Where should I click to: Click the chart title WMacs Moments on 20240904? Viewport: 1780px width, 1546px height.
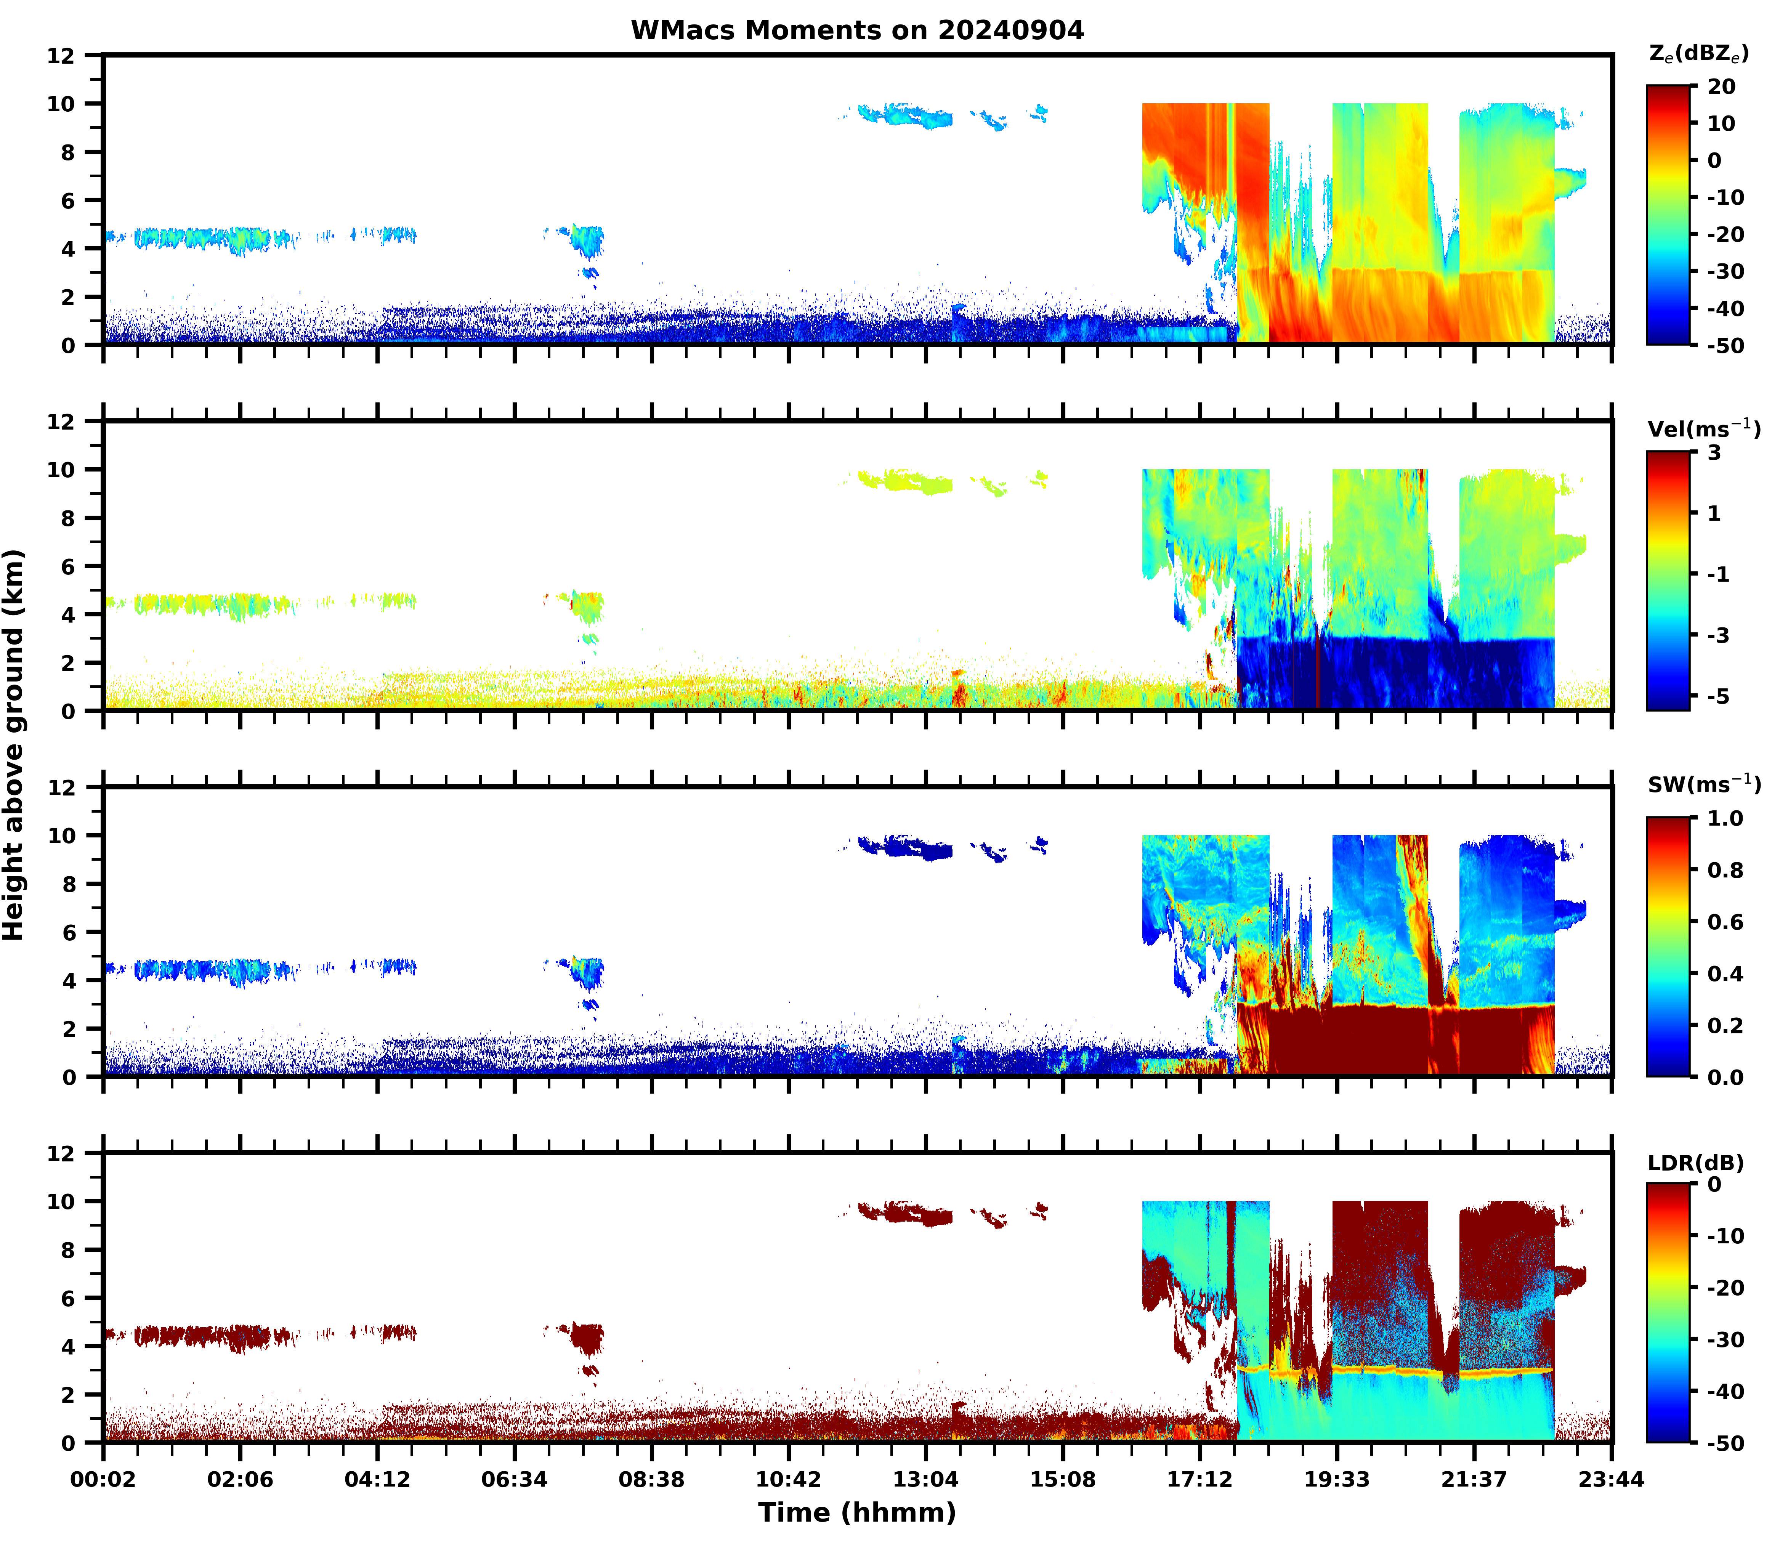[857, 30]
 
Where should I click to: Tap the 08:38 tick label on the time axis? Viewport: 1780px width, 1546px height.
[651, 1480]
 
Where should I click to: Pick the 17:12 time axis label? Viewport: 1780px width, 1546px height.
[1199, 1480]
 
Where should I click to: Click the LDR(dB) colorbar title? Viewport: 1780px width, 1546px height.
[1695, 1163]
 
